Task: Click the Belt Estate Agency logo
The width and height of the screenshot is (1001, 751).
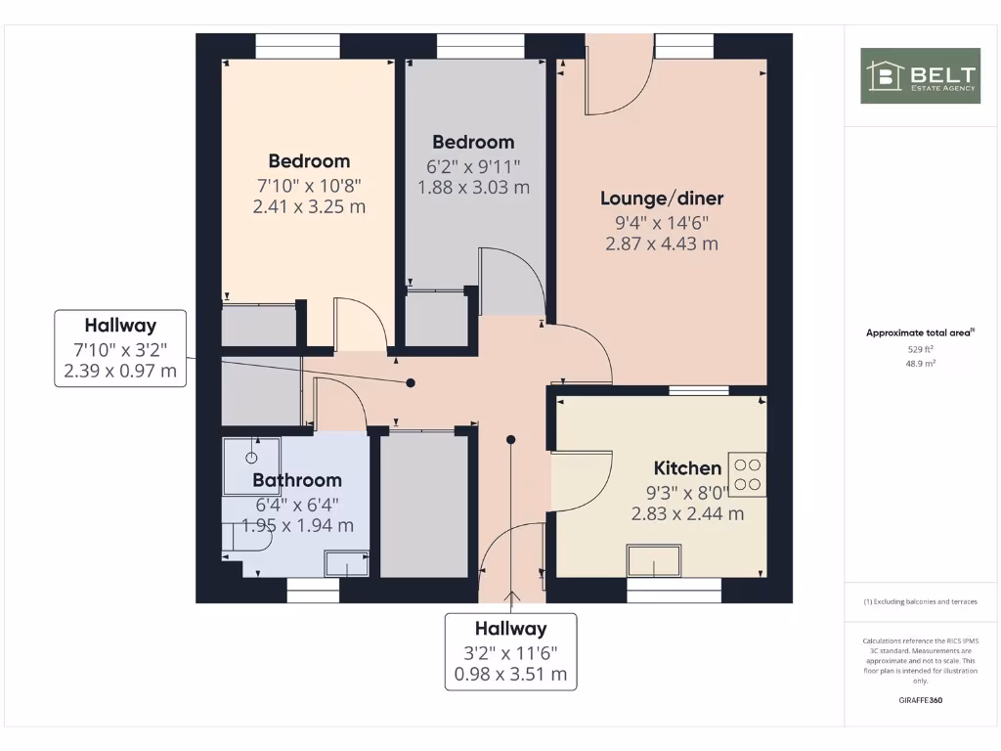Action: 920,75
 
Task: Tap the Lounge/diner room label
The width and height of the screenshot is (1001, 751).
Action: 662,199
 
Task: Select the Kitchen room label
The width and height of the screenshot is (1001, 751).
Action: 687,467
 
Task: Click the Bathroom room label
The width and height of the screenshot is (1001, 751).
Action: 297,480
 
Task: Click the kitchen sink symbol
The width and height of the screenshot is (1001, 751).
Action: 654,562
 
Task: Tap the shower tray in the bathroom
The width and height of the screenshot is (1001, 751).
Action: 251,465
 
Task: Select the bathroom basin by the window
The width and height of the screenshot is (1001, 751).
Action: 346,564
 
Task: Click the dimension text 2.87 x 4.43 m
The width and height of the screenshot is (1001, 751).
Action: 662,243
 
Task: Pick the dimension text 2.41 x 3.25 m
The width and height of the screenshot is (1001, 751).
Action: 309,206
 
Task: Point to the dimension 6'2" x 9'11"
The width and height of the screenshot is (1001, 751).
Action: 473,165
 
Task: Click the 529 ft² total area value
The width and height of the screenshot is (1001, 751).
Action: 920,348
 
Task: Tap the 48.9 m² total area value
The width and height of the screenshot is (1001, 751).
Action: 920,363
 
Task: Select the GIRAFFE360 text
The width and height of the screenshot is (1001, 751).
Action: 920,700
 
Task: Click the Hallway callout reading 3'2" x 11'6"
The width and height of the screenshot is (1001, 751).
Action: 510,651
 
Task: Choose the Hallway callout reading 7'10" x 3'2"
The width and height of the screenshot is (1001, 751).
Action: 120,348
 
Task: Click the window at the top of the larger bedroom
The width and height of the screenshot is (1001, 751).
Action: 298,46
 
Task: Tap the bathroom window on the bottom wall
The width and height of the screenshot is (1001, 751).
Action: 313,591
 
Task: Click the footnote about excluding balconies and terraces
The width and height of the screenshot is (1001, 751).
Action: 920,601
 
